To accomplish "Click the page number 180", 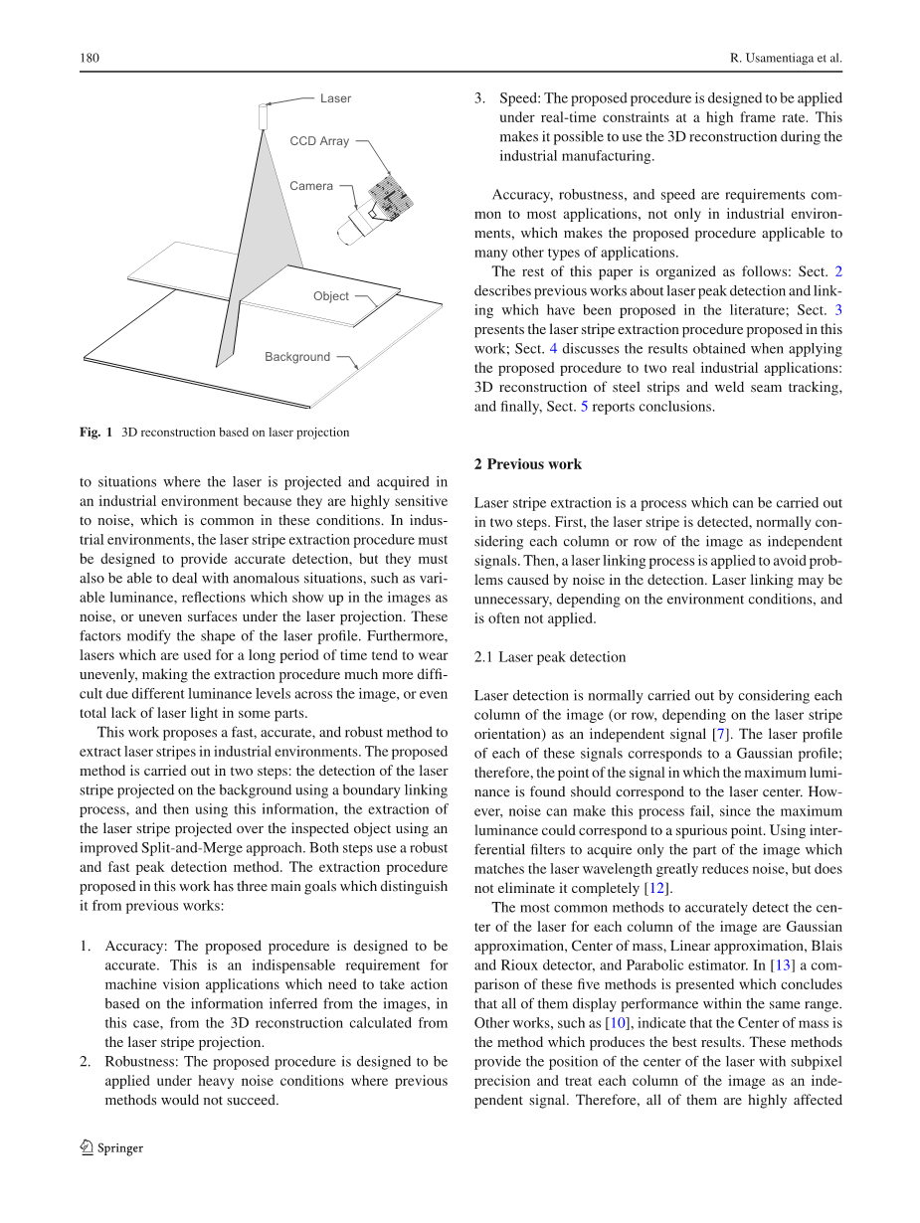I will pos(89,59).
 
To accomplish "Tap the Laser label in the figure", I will pos(335,98).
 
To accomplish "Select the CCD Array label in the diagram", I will pos(319,141).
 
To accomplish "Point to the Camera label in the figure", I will pos(311,186).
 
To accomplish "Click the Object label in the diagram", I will pos(331,296).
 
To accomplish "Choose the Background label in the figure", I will pos(297,357).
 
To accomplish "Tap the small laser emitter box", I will pos(264,116).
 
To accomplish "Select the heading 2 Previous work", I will pos(528,464).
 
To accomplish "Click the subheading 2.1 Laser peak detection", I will pos(550,657).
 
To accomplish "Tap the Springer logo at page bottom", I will pos(111,1148).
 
